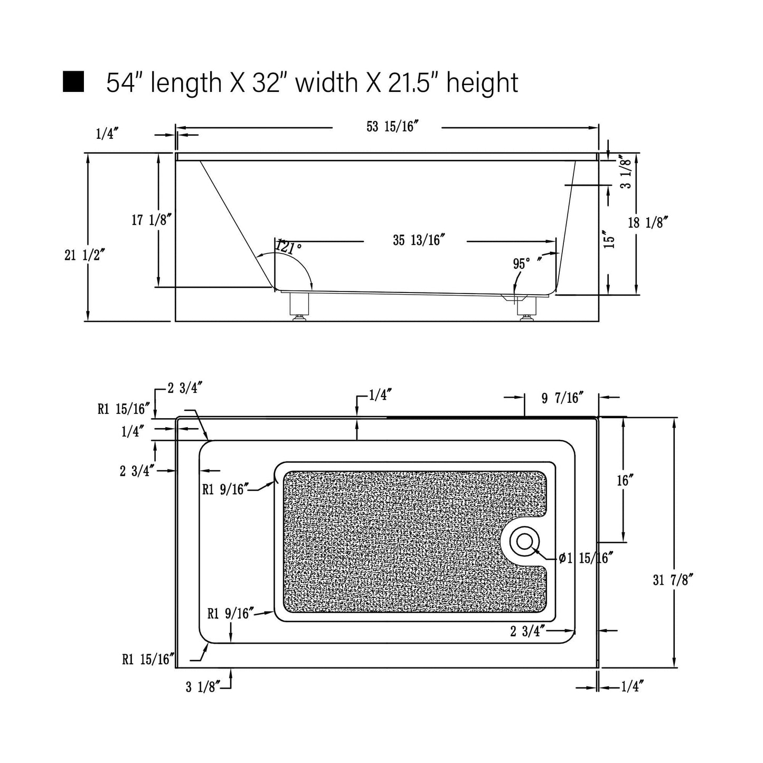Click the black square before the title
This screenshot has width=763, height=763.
pos(73,82)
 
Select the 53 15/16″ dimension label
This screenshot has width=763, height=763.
pos(392,127)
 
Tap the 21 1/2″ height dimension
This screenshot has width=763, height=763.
pos(84,256)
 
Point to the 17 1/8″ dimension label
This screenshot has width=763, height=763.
pos(152,220)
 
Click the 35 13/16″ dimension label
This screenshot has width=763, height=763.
pos(419,240)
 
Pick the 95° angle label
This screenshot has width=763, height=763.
pos(522,263)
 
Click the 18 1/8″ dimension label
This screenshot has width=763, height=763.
pos(648,223)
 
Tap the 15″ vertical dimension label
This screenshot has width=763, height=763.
pos(610,239)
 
